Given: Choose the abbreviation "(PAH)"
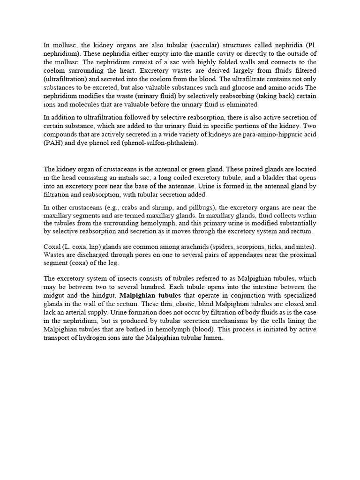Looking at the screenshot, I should point(52,143).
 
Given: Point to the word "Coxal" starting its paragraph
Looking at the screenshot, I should point(52,247).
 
